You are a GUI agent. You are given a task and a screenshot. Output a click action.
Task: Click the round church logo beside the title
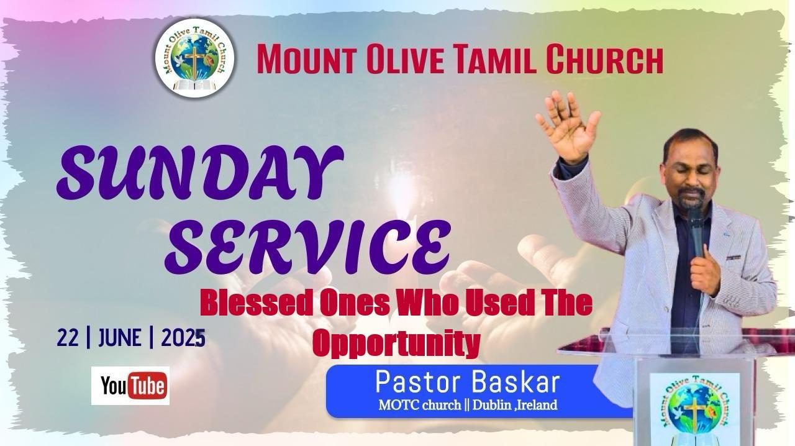[194, 58]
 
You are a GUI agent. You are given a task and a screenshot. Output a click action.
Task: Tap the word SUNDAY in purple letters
[200, 173]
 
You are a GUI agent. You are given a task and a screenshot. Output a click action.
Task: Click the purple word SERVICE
[307, 247]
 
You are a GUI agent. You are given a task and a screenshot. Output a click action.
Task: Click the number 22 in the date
[67, 338]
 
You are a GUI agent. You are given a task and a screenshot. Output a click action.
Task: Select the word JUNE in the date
[119, 338]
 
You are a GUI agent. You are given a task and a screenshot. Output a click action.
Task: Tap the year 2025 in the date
[183, 338]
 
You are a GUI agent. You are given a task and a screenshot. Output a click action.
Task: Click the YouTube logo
[130, 386]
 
